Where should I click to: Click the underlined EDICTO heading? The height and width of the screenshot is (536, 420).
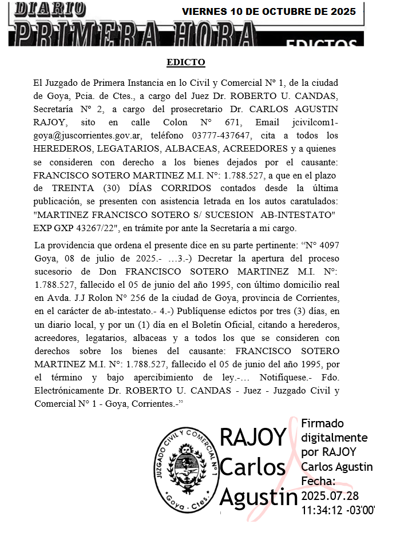pos(185,62)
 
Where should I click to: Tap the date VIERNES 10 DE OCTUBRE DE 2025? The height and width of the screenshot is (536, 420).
pos(268,11)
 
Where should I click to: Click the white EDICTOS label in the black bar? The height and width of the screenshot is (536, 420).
pos(321,43)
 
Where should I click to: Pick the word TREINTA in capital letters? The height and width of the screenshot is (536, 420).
pos(71,188)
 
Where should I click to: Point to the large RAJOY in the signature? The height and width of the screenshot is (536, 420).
pos(252,438)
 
